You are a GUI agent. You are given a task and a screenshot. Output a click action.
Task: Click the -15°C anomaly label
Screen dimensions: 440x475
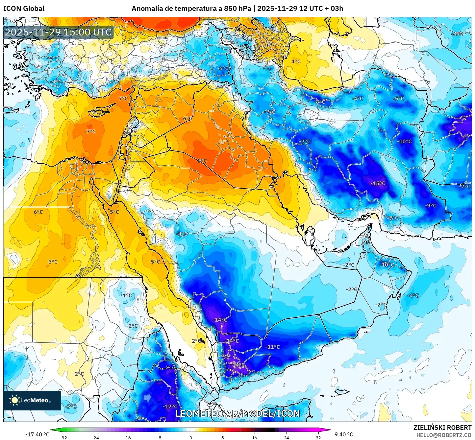tap(378, 183)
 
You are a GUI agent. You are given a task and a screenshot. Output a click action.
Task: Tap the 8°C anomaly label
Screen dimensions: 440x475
tap(202, 161)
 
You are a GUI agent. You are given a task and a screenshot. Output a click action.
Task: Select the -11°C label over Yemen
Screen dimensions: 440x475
tap(273, 347)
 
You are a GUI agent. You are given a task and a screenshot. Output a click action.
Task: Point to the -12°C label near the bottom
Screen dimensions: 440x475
tap(170, 406)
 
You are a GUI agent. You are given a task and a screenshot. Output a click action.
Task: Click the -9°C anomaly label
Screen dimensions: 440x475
tap(431, 206)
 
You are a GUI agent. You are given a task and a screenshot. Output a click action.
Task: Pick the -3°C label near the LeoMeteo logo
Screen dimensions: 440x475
tap(71, 406)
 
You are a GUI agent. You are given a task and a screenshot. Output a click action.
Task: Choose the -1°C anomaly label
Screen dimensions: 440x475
tap(126, 295)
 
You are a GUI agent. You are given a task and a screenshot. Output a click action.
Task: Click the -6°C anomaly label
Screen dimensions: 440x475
tap(224, 68)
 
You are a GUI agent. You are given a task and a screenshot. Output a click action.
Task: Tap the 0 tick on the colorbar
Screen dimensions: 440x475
tap(190, 437)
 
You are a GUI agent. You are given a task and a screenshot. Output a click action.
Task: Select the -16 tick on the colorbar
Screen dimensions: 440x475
tap(127, 437)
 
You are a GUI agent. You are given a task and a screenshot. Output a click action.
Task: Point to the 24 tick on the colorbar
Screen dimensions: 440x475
tap(286, 437)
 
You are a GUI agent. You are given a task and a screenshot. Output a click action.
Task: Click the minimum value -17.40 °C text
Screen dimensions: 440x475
tap(37, 434)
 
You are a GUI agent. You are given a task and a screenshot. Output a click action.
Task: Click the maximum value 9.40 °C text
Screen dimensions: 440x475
tap(344, 434)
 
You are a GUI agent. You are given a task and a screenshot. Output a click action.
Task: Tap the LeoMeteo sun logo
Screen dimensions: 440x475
tap(14, 400)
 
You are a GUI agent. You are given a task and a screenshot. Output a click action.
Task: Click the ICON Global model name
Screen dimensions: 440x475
tap(24, 9)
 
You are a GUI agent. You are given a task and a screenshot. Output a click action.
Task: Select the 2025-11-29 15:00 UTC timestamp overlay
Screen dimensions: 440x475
tap(58, 32)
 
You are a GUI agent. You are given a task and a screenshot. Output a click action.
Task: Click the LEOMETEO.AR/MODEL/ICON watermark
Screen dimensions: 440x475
tap(238, 413)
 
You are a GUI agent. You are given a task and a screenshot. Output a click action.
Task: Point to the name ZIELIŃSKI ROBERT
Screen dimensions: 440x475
tap(442, 428)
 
